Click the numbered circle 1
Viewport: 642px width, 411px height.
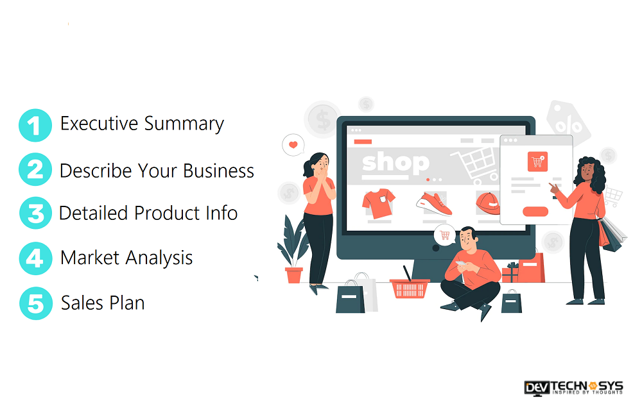[35, 125]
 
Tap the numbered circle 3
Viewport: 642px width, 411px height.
[35, 213]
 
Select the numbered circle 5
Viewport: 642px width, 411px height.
[36, 303]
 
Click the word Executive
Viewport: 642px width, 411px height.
[99, 124]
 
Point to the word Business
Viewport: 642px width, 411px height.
[219, 171]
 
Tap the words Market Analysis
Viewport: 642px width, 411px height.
[126, 258]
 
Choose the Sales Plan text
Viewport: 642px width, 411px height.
[103, 303]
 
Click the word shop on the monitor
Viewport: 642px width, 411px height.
[395, 164]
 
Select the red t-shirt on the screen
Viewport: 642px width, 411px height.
[378, 203]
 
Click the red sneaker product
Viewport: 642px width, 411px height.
[434, 204]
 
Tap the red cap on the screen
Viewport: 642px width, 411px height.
[488, 203]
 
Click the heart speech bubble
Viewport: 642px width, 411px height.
[293, 145]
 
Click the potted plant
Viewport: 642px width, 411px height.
[292, 250]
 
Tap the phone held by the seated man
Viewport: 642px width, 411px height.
[460, 264]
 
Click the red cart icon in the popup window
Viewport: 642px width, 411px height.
[537, 162]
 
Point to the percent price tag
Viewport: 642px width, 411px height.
[568, 121]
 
